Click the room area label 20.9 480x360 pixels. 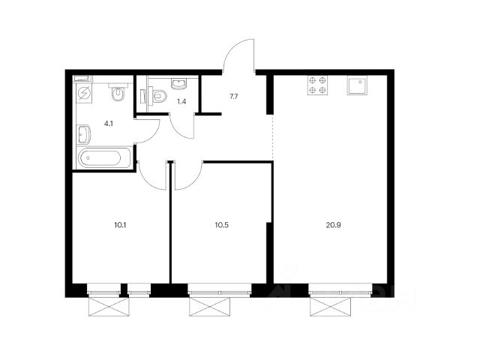click(333, 225)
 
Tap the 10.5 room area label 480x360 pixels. click(222, 225)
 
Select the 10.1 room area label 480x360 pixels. click(120, 225)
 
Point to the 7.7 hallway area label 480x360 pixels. click(233, 97)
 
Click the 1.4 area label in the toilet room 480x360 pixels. click(181, 102)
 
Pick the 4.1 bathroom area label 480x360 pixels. click(109, 124)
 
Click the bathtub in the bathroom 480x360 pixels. click(104, 158)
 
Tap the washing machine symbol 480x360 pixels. click(84, 93)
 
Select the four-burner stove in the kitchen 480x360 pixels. click(317, 85)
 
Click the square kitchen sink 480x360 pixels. click(357, 85)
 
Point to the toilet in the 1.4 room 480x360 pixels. click(158, 96)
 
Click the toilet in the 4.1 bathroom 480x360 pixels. click(118, 92)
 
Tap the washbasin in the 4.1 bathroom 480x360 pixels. click(84, 134)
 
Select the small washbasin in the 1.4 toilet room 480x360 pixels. click(178, 83)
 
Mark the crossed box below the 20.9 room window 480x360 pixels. click(330, 307)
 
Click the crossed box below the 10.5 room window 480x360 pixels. click(210, 307)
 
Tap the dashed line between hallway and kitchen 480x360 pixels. click(273, 137)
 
